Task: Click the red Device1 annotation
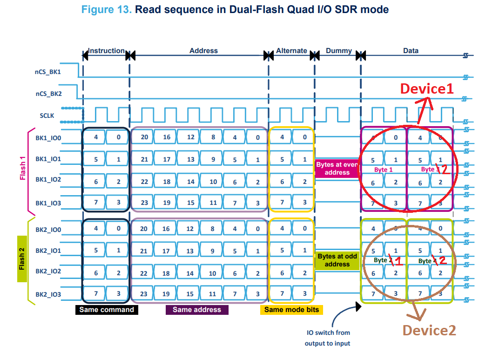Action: [427, 89]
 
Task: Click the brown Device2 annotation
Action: [429, 330]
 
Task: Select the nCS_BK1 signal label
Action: [48, 72]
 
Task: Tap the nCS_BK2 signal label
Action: [48, 94]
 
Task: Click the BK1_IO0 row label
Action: [48, 138]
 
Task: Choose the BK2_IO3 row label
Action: [48, 294]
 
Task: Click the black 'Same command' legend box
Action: [106, 310]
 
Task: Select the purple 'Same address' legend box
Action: [197, 310]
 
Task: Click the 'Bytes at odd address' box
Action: [337, 260]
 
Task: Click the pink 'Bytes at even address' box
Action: [337, 168]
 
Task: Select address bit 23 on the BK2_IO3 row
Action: [144, 294]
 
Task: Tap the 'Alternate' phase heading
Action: [291, 51]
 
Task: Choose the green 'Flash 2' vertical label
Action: [22, 259]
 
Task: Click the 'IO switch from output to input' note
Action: [328, 338]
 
